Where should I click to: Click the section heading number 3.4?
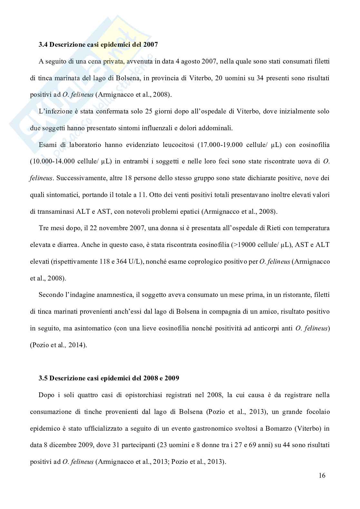coord(43,45)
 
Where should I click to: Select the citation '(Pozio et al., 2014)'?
coord(58,345)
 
